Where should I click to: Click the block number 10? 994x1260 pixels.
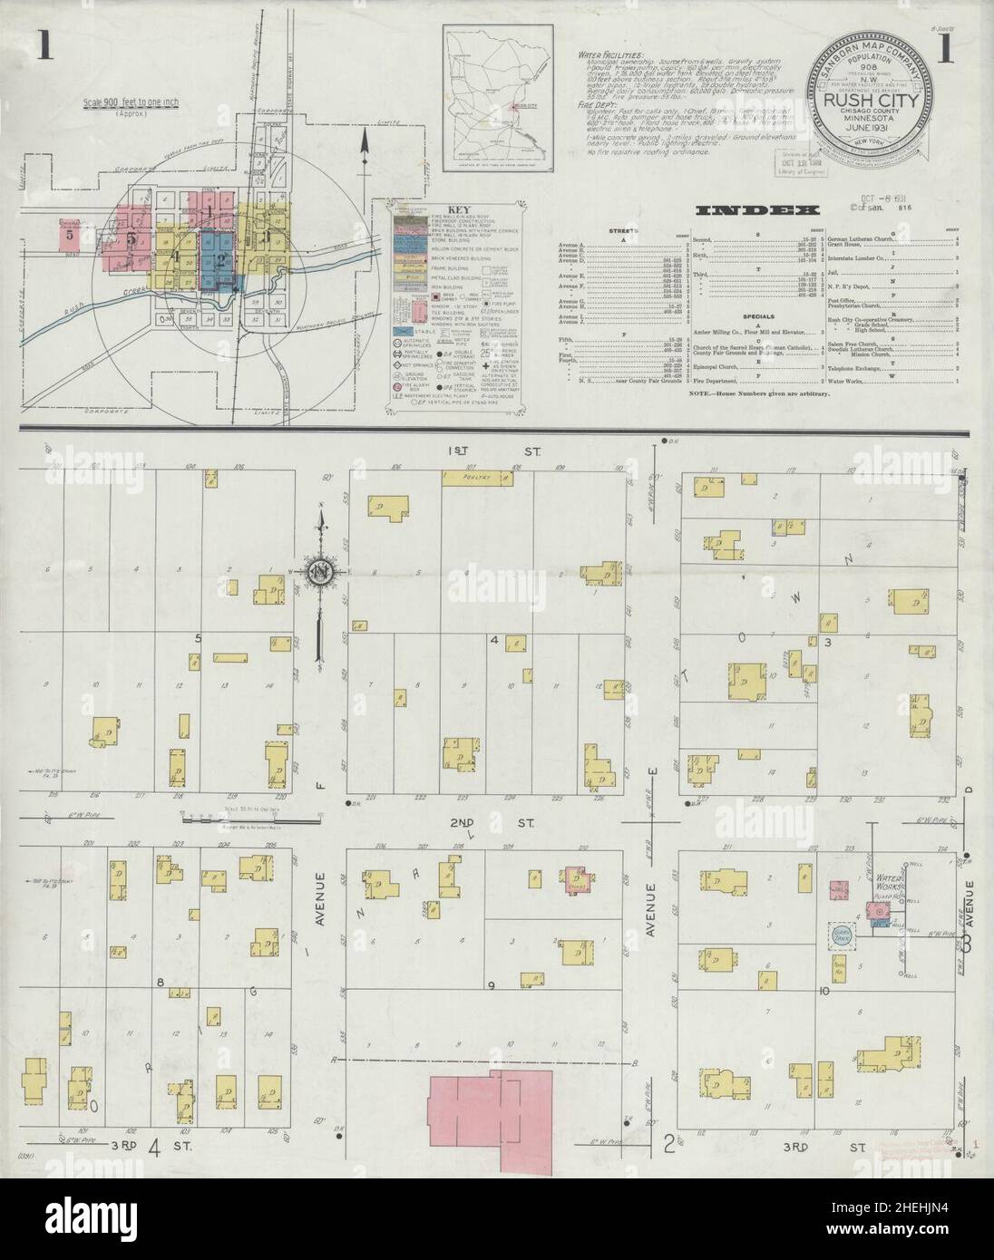823,991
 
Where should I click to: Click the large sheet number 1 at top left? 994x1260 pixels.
42,44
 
